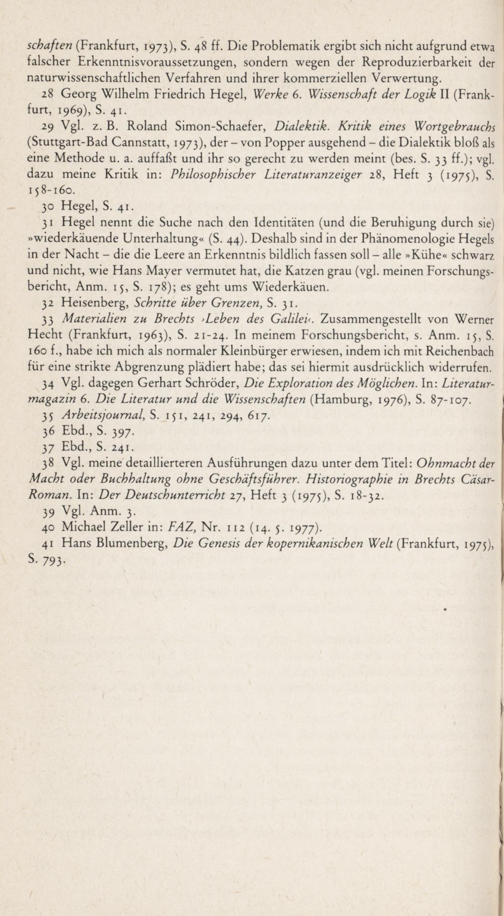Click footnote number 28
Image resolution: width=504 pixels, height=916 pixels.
point(48,95)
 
